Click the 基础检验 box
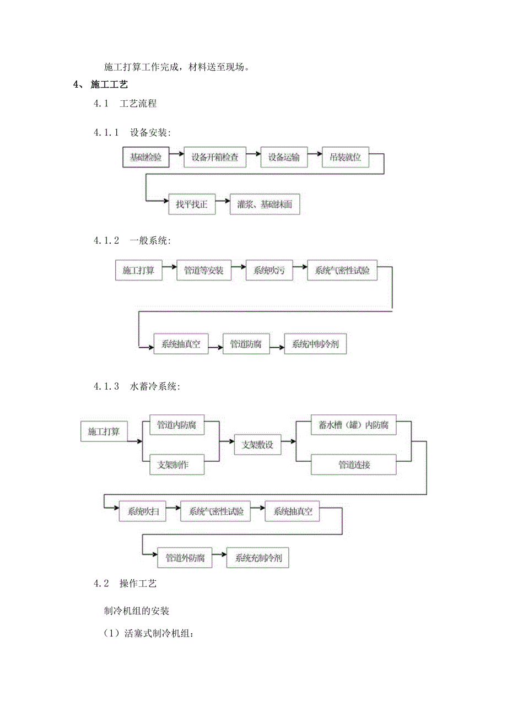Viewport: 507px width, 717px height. coord(145,157)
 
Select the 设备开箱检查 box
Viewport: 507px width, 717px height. coord(215,157)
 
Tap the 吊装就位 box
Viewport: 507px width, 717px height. coord(341,157)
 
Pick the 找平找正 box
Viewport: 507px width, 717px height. coord(191,204)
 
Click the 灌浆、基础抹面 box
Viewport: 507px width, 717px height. coord(265,204)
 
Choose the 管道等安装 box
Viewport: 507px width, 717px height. coord(204,271)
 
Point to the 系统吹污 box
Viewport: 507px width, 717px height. coord(269,271)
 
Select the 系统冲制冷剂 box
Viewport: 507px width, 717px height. coord(315,345)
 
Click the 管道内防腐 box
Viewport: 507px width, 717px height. coord(177,425)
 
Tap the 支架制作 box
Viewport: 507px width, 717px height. coord(177,465)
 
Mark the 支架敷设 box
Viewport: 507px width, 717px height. coord(258,445)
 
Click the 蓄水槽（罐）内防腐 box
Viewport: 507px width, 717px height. coord(353,425)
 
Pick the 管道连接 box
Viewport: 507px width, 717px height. coord(353,465)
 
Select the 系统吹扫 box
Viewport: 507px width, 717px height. coord(143,511)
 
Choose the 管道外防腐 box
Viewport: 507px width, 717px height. coord(185,558)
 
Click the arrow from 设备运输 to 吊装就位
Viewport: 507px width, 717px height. coord(315,157)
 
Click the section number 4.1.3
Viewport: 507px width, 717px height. coord(106,387)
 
